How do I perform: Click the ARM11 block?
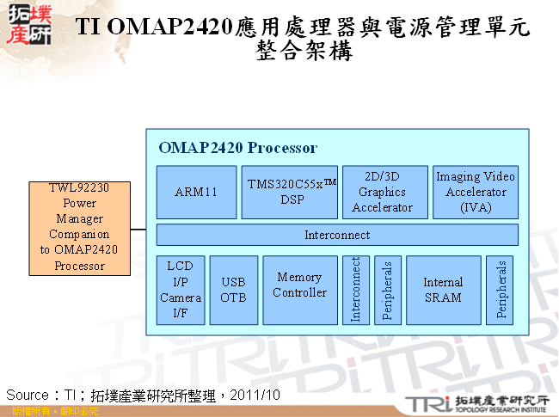coord(196,192)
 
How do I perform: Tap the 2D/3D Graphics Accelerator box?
coord(383,192)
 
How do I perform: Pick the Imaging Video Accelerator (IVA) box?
coord(476,192)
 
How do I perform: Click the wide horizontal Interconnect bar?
coord(337,235)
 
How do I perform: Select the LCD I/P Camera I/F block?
coord(181,290)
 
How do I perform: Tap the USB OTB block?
coord(233,290)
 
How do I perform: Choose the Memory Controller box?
coord(300,290)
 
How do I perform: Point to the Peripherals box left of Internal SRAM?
coord(387,290)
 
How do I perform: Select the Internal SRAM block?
coord(443,290)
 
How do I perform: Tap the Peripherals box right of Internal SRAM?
coord(500,290)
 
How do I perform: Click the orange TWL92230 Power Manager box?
coord(78,228)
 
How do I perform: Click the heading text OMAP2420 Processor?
coord(237,148)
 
